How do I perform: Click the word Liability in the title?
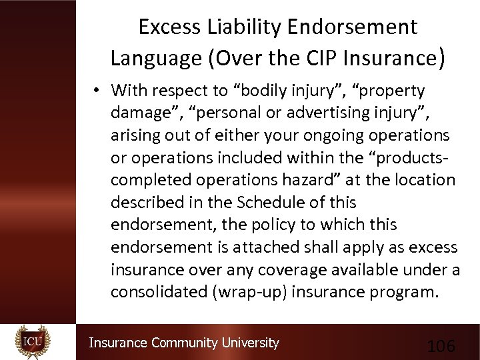pyautogui.click(x=241, y=27)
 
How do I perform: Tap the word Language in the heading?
pyautogui.click(x=155, y=58)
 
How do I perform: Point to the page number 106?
pyautogui.click(x=441, y=346)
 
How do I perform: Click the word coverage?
pyautogui.click(x=299, y=269)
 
